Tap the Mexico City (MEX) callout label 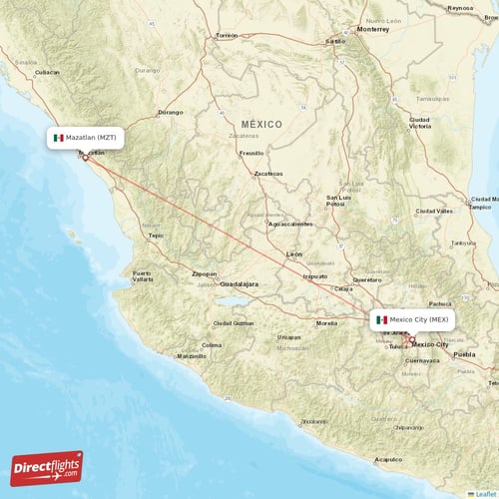click(415, 319)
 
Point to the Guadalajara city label click(239, 284)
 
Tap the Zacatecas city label click(268, 174)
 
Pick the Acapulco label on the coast click(387, 459)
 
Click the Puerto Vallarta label click(142, 276)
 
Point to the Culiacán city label click(47, 73)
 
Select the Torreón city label click(227, 35)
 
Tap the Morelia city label click(326, 323)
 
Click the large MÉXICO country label click(261, 124)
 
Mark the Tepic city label click(156, 236)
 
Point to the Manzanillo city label click(191, 356)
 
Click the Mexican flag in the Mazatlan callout click(59, 138)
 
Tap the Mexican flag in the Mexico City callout click(381, 319)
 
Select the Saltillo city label click(334, 42)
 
